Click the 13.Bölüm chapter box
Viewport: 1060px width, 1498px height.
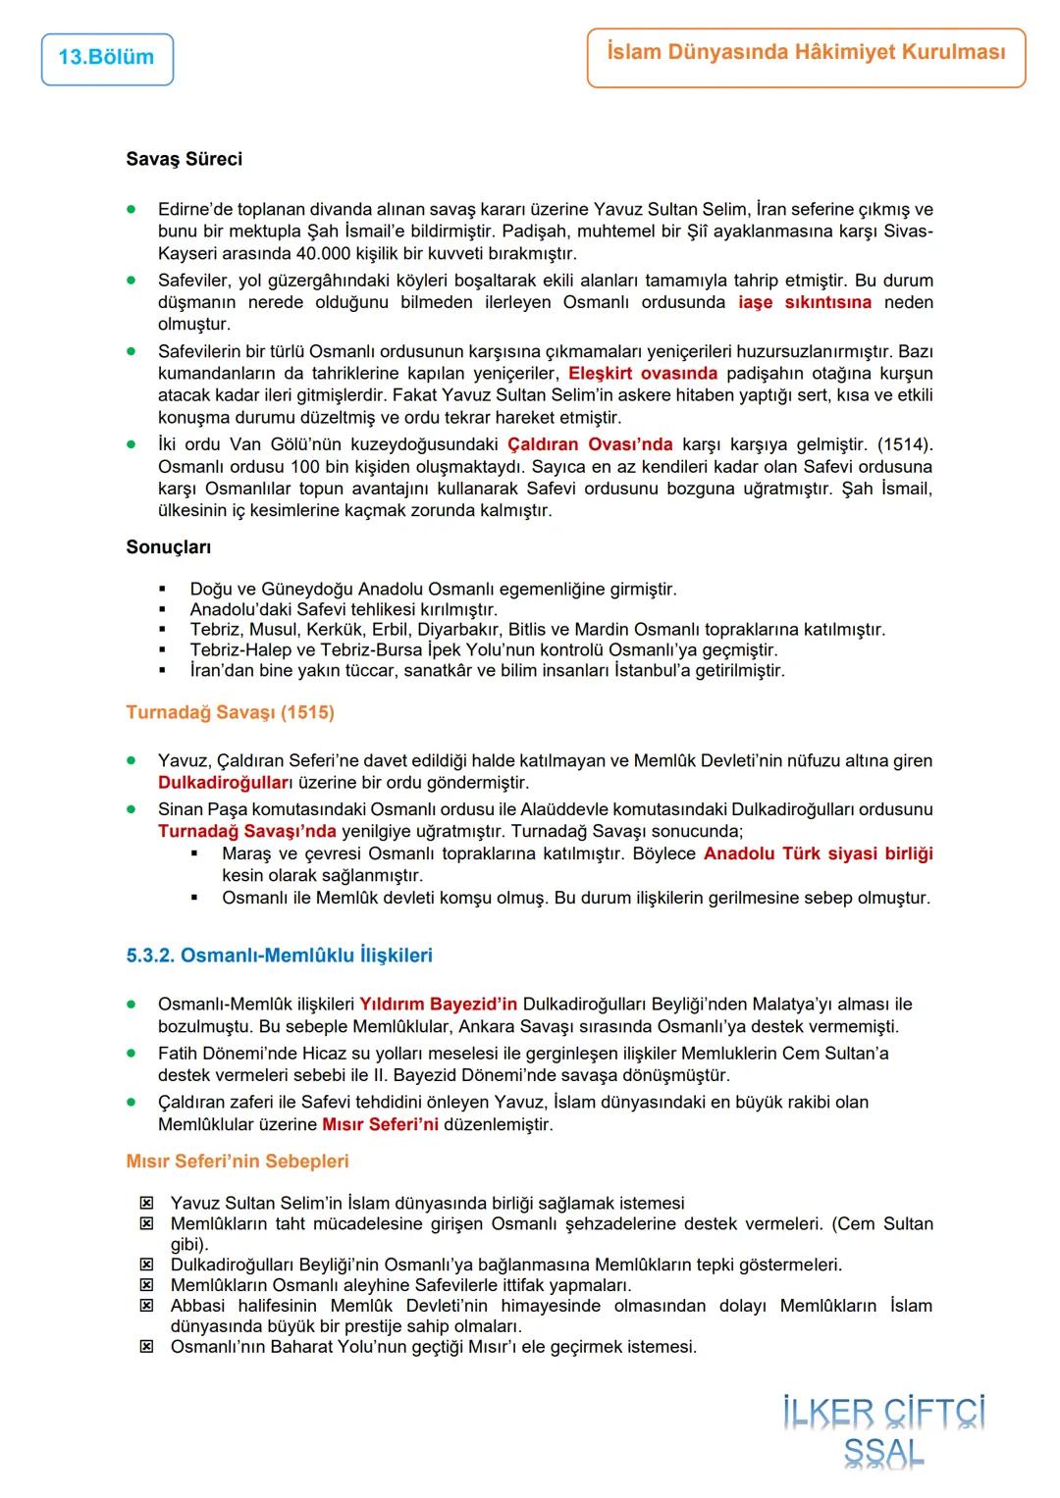107,58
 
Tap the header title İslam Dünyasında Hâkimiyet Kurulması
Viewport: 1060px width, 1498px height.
806,53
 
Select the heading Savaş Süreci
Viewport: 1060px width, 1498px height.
184,159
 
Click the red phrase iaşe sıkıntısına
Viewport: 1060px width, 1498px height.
805,302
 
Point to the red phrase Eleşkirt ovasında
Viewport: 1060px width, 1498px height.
643,374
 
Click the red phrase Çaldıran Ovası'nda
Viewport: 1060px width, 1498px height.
590,444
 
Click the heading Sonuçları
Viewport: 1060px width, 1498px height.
168,547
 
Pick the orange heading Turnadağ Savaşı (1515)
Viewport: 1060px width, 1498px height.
230,712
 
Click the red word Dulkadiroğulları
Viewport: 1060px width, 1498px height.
226,783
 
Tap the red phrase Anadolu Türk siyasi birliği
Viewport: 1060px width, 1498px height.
818,853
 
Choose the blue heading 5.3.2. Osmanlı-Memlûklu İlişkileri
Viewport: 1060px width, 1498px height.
279,956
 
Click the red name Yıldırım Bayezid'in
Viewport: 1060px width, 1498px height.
438,1005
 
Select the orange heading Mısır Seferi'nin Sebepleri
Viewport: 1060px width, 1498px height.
238,1162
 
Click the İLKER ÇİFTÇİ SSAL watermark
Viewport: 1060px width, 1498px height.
883,1432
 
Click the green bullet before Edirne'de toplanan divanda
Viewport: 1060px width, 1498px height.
131,209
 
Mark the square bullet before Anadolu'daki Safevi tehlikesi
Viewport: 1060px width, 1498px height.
163,609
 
